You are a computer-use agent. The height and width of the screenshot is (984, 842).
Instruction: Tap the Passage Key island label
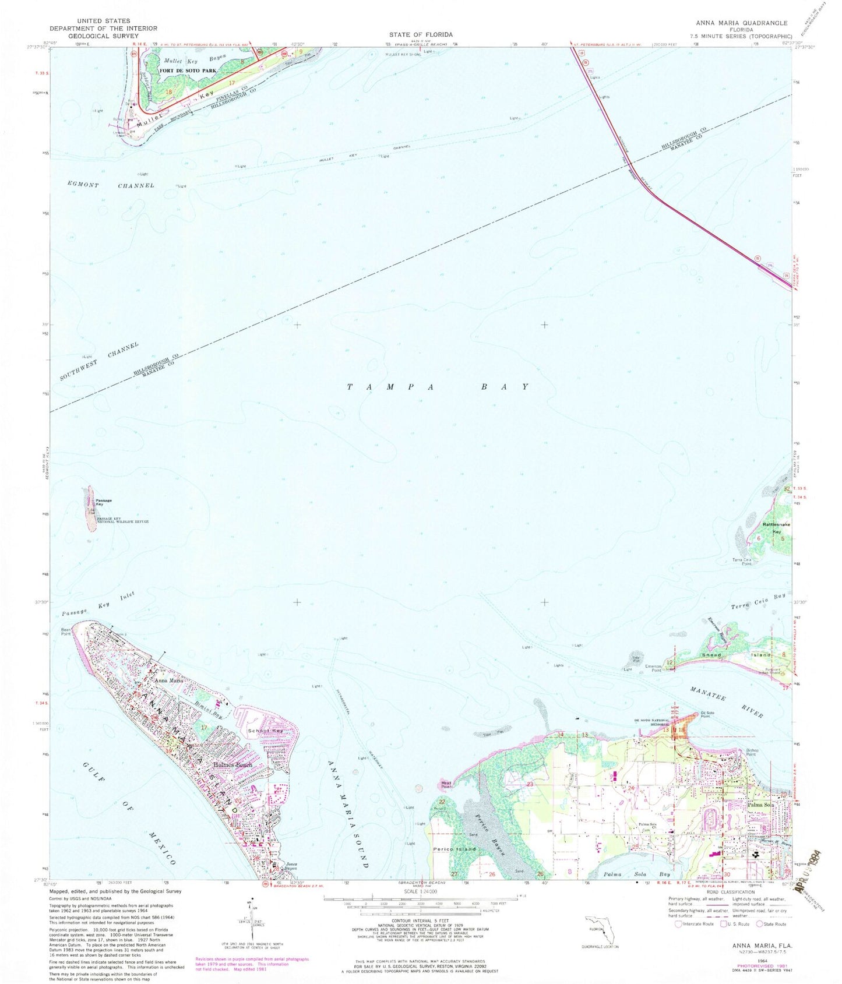pos(104,502)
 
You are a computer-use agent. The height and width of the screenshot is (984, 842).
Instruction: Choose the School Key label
pos(260,731)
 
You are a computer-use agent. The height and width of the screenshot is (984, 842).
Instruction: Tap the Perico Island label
pos(454,849)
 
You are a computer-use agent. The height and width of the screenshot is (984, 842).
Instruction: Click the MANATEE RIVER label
pos(725,703)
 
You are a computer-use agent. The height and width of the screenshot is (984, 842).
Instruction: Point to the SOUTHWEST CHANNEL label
pos(99,362)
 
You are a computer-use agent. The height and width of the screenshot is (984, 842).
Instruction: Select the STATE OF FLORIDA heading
pos(421,35)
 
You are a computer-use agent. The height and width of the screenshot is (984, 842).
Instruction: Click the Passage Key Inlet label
pos(98,604)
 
